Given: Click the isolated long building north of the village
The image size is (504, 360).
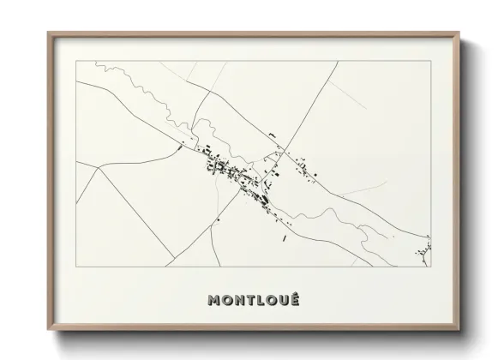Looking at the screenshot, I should pyautogui.click(x=272, y=135).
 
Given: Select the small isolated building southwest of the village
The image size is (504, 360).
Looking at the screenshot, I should pyautogui.click(x=220, y=219).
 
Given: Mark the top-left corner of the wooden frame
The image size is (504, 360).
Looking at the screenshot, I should pyautogui.click(x=48, y=33).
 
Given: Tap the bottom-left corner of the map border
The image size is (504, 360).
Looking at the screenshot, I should pyautogui.click(x=76, y=261).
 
